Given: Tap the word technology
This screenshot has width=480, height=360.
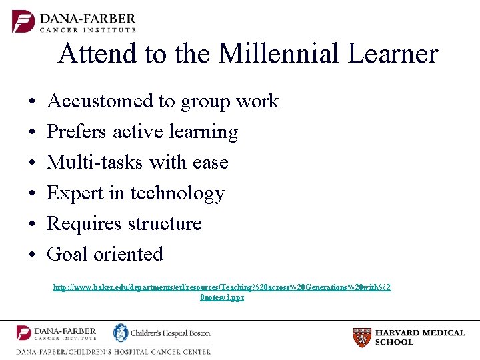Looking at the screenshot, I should (177, 193).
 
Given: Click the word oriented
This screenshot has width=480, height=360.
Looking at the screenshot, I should (128, 254).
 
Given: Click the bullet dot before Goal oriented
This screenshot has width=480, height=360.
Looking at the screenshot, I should (32, 255).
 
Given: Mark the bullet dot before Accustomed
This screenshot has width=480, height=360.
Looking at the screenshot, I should (32, 103).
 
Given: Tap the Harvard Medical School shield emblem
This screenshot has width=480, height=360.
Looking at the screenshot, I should (361, 337).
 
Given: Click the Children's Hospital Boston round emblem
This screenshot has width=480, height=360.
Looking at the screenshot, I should (121, 333).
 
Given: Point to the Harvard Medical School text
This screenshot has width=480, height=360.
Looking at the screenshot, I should (420, 337).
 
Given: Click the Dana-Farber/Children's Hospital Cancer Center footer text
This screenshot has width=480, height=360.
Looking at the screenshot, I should (113, 351).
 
